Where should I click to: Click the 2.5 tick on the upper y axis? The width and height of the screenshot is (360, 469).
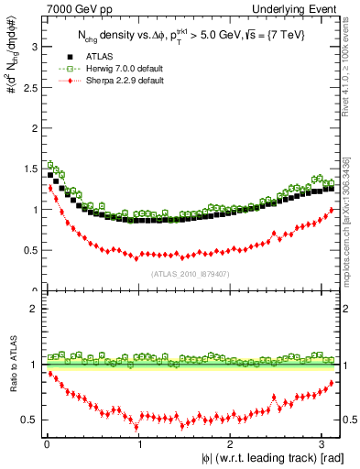29,87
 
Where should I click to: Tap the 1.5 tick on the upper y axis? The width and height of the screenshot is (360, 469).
29,169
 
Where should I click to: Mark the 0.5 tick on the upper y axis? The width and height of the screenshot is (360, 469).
29,250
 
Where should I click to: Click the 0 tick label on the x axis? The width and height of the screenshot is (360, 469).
47,444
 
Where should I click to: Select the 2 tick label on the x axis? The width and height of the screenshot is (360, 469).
230,444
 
